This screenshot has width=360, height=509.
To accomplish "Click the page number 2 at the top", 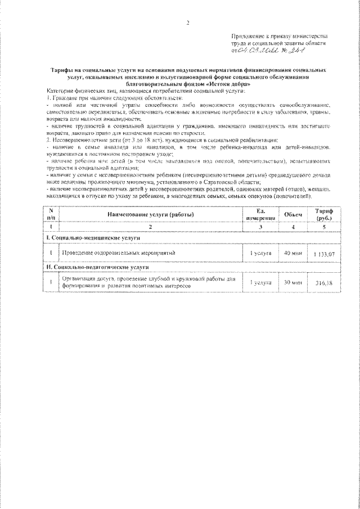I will pyautogui.click(x=187, y=22).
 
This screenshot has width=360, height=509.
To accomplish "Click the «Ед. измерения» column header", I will pyautogui.click(x=260, y=215).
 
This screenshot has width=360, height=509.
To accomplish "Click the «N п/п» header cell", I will pyautogui.click(x=52, y=215).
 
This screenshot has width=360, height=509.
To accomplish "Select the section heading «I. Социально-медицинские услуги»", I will pyautogui.click(x=93, y=238).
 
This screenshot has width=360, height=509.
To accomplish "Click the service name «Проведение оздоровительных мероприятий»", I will pyautogui.click(x=119, y=254).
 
